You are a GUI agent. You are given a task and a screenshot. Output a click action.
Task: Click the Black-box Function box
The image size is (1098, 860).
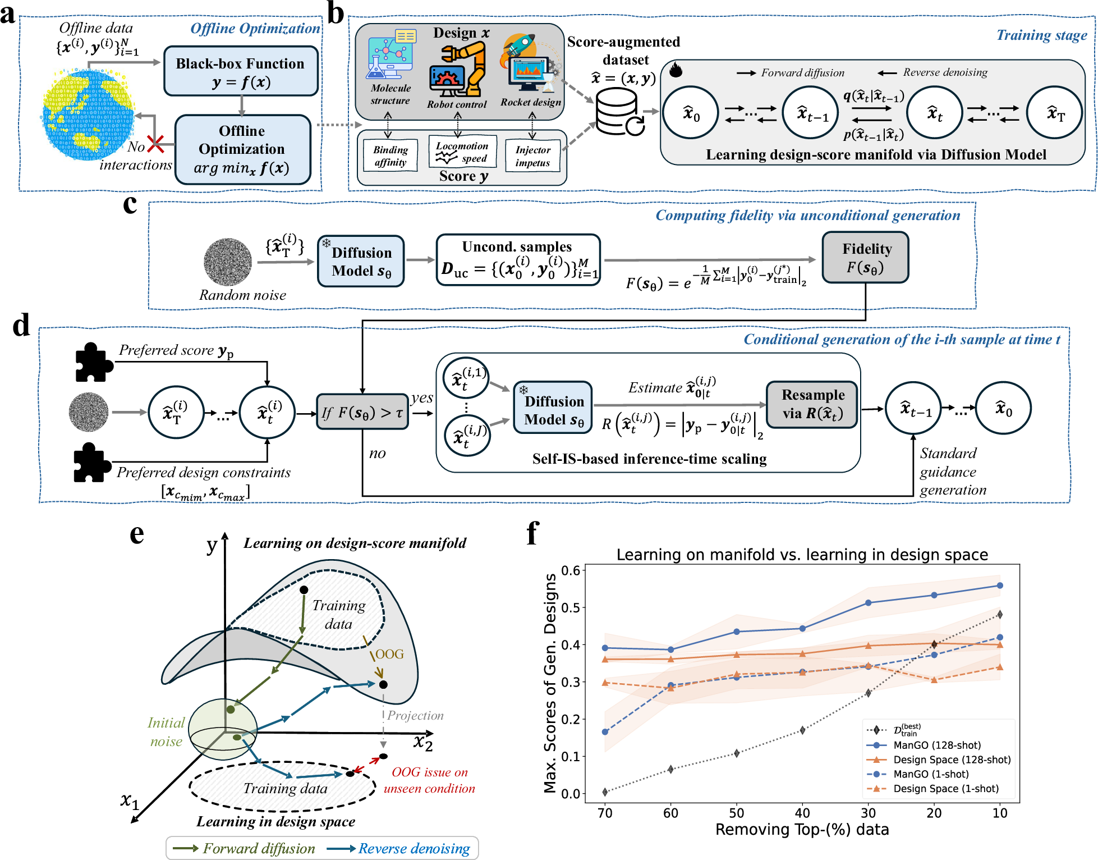coord(241,71)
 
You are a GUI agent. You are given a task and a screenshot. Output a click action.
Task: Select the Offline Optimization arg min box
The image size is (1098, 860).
coord(242,149)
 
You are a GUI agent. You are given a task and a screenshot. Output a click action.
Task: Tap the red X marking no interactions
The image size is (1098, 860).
coord(155,144)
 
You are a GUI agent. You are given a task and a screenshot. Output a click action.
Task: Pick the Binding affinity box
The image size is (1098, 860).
coord(390,156)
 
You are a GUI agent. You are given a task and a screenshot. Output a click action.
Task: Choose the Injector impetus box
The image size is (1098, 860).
coord(532,156)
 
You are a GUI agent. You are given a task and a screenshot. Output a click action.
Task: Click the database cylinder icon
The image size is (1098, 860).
coord(617,112)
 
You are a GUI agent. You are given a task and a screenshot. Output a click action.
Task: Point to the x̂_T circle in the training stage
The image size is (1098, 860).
coord(1054,113)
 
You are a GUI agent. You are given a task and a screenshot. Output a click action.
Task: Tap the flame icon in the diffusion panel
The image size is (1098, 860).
coord(676,70)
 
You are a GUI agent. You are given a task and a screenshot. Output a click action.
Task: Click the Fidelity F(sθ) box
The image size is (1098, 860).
coord(865,258)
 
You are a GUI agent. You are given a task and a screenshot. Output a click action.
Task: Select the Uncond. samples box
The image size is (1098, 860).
coord(518,260)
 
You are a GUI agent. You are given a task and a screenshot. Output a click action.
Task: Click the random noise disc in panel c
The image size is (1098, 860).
coord(227,262)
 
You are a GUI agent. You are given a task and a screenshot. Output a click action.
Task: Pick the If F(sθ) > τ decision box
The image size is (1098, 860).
coord(362,413)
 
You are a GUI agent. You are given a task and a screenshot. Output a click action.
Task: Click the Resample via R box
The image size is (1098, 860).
coord(812,404)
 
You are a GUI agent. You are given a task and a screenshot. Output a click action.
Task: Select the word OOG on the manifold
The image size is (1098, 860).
coord(389,654)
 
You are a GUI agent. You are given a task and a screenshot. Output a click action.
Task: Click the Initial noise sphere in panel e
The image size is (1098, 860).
coord(223,729)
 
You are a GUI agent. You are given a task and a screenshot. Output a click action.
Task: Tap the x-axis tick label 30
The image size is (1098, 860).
coord(868,813)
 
